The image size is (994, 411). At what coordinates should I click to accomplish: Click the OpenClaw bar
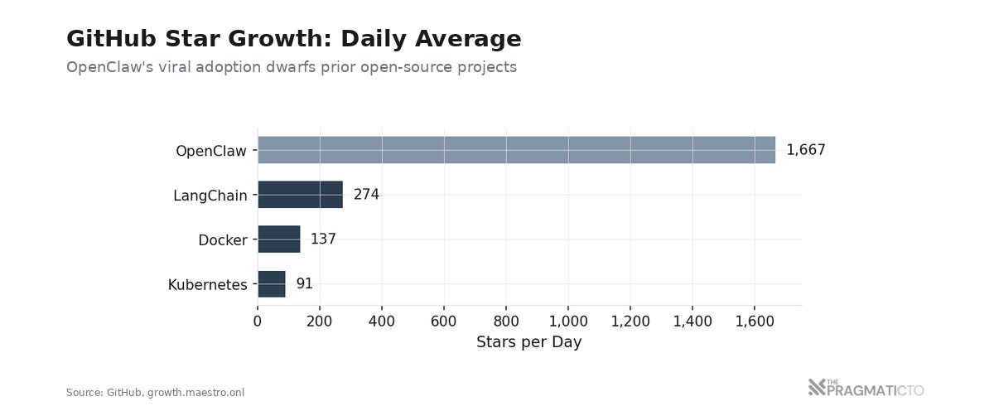pos(516,150)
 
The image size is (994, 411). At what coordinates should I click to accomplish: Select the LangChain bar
pos(300,195)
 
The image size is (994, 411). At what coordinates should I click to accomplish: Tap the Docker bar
pos(278,239)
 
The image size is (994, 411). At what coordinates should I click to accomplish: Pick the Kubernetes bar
pos(272,284)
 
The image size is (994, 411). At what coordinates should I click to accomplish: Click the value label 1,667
pos(805,150)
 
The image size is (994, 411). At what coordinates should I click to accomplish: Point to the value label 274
pos(366,195)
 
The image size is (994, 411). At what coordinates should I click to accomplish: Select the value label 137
pos(323,239)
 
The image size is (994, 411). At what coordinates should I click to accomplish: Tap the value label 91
pos(304,284)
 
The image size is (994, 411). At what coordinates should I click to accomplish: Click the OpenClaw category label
pos(211,152)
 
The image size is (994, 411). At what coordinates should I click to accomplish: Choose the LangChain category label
pos(210,196)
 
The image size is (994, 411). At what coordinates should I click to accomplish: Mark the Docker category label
pos(222,241)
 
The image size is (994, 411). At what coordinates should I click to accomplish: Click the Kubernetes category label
pos(207,286)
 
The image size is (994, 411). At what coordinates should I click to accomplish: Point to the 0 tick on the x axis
pos(258,322)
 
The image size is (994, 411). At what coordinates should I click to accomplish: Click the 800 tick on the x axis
pos(506,322)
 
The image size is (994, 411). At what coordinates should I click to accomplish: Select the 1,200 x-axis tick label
pos(630,322)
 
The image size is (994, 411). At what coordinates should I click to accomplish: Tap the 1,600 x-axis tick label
pos(755,322)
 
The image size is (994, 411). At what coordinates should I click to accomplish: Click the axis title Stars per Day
pos(528,342)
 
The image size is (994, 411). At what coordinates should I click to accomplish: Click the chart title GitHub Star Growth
pos(293,39)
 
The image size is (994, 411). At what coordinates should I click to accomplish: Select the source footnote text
pos(155,393)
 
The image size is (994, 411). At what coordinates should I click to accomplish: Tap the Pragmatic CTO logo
pos(866,388)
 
